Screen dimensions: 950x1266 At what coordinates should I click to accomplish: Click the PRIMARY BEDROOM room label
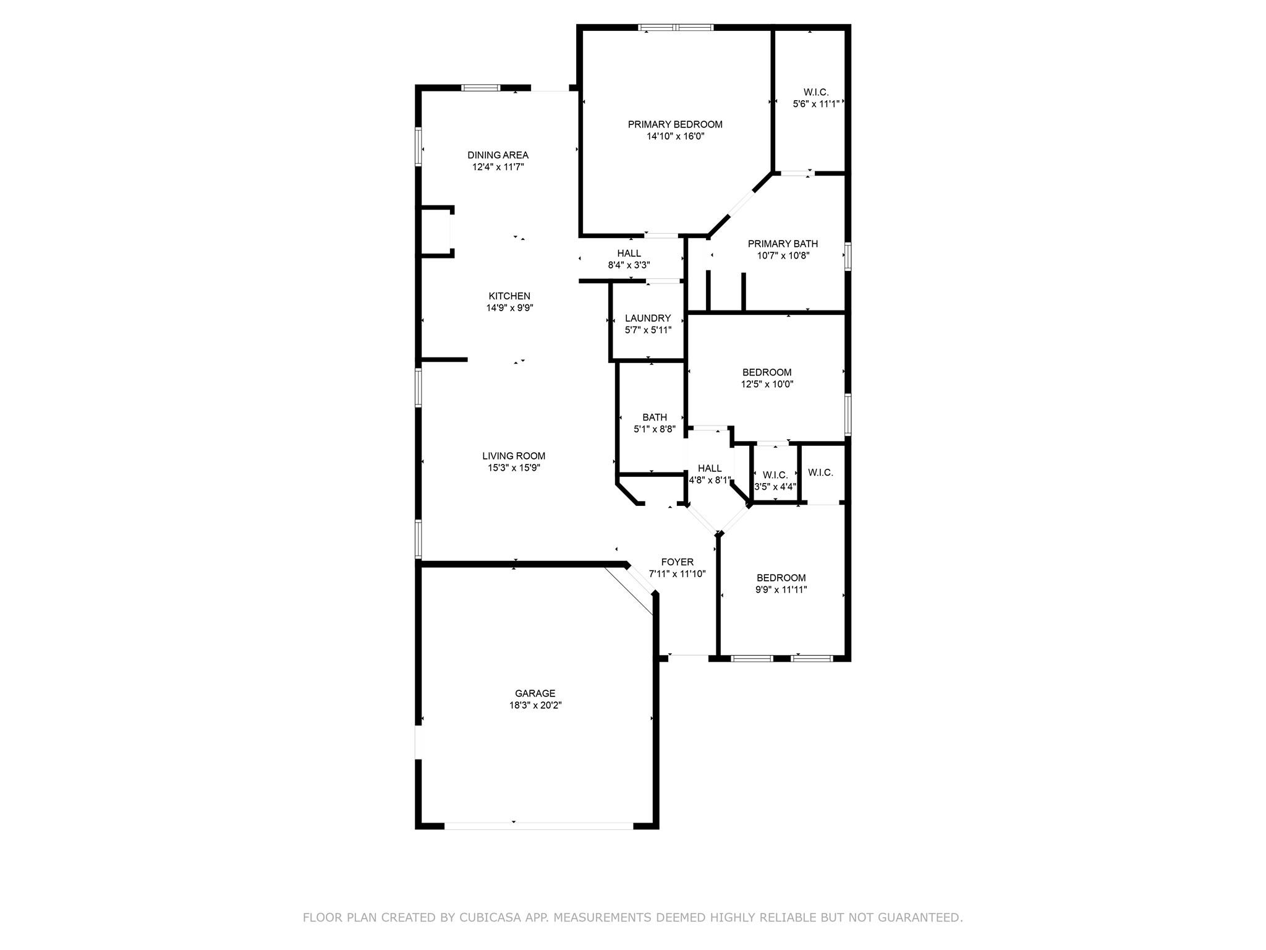click(675, 124)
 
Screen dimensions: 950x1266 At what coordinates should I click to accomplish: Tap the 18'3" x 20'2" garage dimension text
click(535, 705)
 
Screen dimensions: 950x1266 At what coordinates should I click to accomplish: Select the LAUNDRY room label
click(647, 318)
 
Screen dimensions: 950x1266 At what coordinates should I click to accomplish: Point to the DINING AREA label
click(498, 155)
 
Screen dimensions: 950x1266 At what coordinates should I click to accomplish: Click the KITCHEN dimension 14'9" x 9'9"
click(509, 307)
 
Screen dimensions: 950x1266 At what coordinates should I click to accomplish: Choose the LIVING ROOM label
click(514, 456)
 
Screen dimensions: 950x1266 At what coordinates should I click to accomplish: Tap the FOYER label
click(677, 562)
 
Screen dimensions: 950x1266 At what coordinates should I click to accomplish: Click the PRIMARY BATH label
click(783, 244)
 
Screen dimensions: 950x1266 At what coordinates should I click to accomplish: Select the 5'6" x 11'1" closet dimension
click(816, 104)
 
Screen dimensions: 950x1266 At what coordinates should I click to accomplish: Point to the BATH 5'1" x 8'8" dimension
click(654, 429)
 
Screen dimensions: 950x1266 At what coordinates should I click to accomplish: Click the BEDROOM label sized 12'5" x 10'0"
click(767, 372)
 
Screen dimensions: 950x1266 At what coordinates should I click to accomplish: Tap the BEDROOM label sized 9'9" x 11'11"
click(781, 578)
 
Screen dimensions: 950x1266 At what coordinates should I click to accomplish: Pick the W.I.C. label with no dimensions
click(820, 473)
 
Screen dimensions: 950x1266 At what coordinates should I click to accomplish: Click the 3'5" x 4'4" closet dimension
click(775, 487)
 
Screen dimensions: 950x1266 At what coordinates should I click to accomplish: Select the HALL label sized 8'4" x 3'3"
click(629, 253)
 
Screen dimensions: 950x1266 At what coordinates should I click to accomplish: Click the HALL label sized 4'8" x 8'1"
click(709, 468)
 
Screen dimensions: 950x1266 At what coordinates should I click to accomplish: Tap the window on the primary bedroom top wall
click(676, 27)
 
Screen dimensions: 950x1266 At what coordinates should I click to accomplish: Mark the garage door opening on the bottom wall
click(538, 825)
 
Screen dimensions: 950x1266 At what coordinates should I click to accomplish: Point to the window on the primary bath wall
click(848, 256)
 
